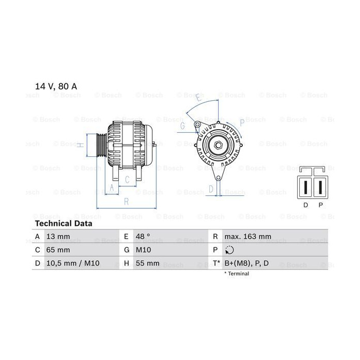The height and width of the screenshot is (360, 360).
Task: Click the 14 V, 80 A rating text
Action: pyautogui.click(x=56, y=86)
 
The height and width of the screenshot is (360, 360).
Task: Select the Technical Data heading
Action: pyautogui.click(x=64, y=223)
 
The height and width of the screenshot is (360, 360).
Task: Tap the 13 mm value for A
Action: pyautogui.click(x=58, y=236)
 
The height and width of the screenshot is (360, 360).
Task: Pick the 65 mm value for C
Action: pyautogui.click(x=58, y=249)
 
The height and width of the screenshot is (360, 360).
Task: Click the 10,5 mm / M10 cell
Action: pyautogui.click(x=73, y=263)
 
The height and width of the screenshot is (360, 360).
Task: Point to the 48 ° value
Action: pyautogui.click(x=142, y=236)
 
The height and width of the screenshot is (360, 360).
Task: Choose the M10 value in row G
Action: pyautogui.click(x=143, y=249)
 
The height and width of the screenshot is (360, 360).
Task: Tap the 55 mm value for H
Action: pyautogui.click(x=148, y=263)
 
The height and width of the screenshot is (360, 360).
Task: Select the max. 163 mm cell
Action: pyautogui.click(x=248, y=236)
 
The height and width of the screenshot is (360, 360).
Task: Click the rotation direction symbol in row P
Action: pyautogui.click(x=229, y=250)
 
